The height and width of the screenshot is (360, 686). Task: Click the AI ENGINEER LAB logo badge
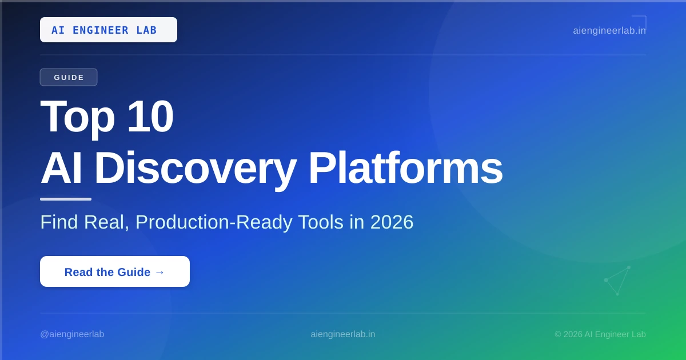pyautogui.click(x=109, y=30)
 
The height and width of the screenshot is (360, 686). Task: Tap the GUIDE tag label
pyautogui.click(x=69, y=77)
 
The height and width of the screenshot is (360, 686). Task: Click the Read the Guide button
pyautogui.click(x=115, y=271)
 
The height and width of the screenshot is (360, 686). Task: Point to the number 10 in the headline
pyautogui.click(x=150, y=117)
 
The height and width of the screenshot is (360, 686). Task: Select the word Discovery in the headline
pyautogui.click(x=196, y=169)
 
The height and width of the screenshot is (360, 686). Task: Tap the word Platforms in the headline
pyautogui.click(x=405, y=168)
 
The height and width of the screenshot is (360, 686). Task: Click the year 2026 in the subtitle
pyautogui.click(x=392, y=222)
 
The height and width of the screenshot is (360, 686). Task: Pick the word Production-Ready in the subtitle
pyautogui.click(x=214, y=222)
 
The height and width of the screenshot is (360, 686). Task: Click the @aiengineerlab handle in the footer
pyautogui.click(x=72, y=334)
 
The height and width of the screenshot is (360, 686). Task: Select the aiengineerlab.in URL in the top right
pyautogui.click(x=609, y=31)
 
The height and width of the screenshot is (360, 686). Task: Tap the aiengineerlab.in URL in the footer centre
pyautogui.click(x=342, y=334)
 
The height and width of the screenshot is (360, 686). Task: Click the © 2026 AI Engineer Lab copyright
pyautogui.click(x=600, y=334)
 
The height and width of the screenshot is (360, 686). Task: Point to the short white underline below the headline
pyautogui.click(x=66, y=199)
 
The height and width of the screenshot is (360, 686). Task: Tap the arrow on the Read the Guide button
pyautogui.click(x=160, y=272)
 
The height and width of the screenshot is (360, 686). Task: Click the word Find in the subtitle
pyautogui.click(x=59, y=222)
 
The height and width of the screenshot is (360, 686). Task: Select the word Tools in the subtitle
pyautogui.click(x=321, y=222)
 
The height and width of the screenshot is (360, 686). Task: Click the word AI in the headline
pyautogui.click(x=61, y=168)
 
